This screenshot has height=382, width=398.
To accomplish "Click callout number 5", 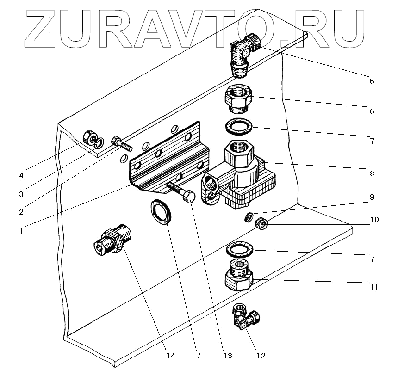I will pyautogui.click(x=372, y=81).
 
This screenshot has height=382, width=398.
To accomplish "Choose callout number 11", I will pyautogui.click(x=374, y=287).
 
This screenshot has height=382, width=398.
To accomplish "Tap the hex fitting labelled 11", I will pyautogui.click(x=239, y=276).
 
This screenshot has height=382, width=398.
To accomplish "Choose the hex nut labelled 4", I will pyautogui.click(x=88, y=137).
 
